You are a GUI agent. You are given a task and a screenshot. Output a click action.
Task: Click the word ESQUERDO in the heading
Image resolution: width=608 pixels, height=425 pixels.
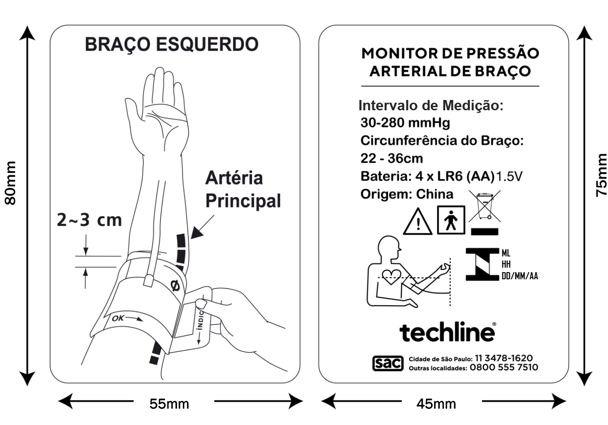[x=207, y=44]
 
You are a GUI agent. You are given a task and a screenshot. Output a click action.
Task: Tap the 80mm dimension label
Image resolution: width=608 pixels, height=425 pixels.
[x=10, y=183]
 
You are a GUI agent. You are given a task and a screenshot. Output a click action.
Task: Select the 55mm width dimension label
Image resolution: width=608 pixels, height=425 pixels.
[x=169, y=404]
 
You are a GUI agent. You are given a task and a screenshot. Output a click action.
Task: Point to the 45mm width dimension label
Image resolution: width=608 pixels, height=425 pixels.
[x=436, y=404]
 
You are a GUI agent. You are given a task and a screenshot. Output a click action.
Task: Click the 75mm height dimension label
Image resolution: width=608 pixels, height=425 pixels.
[x=601, y=175]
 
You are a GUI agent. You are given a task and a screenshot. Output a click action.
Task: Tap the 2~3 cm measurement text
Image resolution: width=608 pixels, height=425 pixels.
[x=89, y=220]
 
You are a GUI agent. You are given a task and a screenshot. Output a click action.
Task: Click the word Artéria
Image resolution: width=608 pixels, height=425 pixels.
[x=234, y=178]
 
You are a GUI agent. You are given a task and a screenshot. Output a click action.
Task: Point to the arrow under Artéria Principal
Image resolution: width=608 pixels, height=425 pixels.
[x=203, y=227]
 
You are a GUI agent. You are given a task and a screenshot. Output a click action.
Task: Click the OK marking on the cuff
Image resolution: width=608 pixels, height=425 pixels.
[x=118, y=318]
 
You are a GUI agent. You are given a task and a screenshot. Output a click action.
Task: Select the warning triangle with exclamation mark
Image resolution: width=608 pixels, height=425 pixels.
[x=418, y=222]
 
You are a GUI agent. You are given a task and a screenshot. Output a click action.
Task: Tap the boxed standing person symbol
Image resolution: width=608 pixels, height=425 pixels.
[x=451, y=220]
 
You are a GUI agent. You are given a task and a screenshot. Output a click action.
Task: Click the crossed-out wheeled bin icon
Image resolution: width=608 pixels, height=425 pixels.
[x=485, y=206]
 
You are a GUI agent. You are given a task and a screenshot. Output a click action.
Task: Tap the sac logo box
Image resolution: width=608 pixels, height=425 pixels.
[x=387, y=363]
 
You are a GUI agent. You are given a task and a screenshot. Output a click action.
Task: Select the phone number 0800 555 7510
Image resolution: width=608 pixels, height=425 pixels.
[x=504, y=368]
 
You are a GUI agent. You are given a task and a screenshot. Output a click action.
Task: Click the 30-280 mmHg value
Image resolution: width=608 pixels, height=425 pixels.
[x=405, y=123]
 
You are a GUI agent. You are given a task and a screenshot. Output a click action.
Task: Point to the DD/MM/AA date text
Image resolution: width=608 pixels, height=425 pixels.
[x=520, y=276]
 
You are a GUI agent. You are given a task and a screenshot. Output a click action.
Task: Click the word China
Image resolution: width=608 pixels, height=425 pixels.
[x=434, y=194]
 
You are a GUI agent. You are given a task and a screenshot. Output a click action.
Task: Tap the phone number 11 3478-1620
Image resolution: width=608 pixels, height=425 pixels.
[x=504, y=358]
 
